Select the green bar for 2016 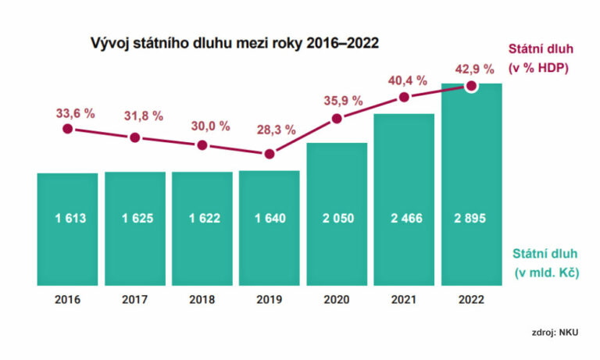67,229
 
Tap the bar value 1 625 134,219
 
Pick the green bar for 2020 337,214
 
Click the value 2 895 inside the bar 471,219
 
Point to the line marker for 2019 270,154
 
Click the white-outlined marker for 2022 471,87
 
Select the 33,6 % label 75,113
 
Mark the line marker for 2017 134,137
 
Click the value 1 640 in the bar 270,219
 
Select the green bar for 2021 404,199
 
